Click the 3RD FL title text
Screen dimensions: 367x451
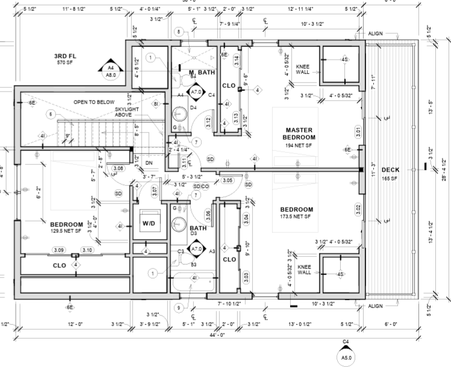tap(64, 56)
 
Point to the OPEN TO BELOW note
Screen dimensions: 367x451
tap(94, 102)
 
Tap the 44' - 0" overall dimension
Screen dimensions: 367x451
tap(217, 335)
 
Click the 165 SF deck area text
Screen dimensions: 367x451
tap(391, 179)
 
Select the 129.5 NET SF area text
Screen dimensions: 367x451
tap(66, 230)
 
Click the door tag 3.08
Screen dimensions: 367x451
tap(118, 168)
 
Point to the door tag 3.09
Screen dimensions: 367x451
tap(58, 250)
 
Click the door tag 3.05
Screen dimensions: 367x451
tap(227, 180)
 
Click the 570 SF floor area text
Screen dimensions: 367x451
tap(64, 63)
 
